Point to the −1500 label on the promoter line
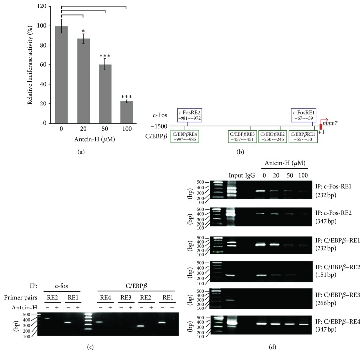click(x=164, y=126)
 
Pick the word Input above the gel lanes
click(x=234, y=176)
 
